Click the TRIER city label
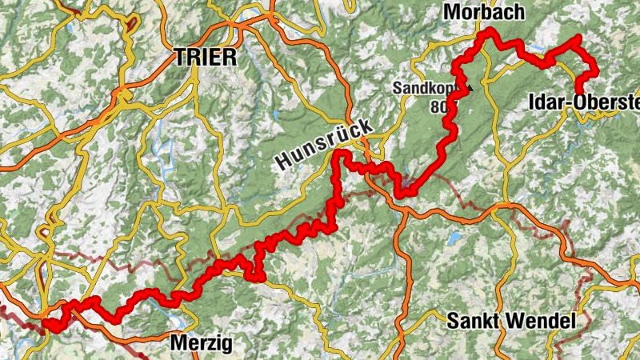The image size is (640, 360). click(206, 58)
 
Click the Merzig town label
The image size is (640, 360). click(202, 344)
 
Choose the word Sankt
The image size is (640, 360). click(471, 322)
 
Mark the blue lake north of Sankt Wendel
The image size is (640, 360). click(455, 238)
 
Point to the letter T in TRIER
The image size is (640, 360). click(180, 58)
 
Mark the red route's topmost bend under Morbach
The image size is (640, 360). click(486, 32)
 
